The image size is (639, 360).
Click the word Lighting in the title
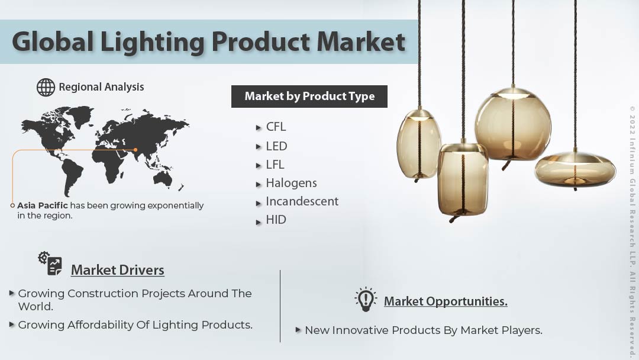(156, 42)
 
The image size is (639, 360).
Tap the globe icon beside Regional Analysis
(46, 87)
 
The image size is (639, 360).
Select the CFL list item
(276, 127)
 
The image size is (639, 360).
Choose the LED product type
(276, 146)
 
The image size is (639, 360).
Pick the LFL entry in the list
(275, 165)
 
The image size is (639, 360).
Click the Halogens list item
(291, 183)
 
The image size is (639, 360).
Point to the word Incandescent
(302, 201)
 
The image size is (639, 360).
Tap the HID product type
(276, 220)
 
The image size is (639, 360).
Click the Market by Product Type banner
(309, 97)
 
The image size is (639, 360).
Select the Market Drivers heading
(117, 270)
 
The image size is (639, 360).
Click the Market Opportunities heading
(445, 301)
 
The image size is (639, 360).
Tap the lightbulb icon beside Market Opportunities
(366, 299)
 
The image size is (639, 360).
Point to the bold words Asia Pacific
(43, 205)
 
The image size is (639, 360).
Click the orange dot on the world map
(135, 150)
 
